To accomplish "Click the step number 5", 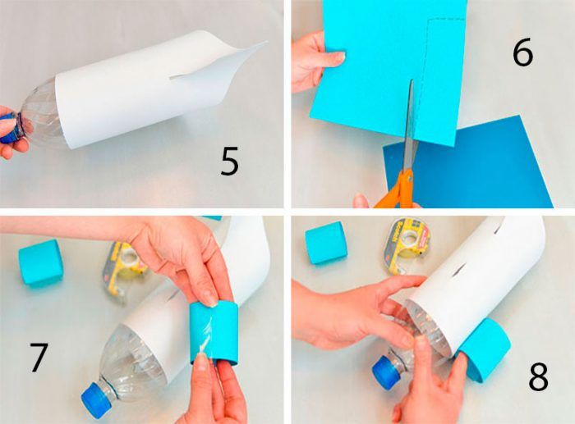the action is [229, 161].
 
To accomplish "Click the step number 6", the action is [522, 53].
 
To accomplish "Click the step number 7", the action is [39, 357].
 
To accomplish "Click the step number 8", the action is [538, 376].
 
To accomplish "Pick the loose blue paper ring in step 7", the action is [41, 262].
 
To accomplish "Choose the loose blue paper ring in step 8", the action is [325, 243].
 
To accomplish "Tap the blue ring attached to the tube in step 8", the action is [484, 349].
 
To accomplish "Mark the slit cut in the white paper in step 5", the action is [187, 75].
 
